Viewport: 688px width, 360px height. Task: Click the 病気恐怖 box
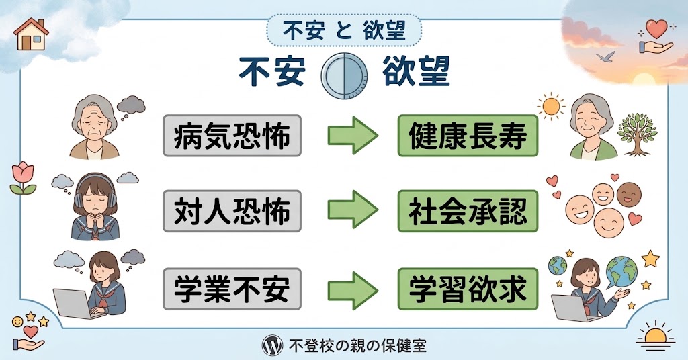point(232,136)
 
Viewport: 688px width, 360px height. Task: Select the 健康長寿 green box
point(468,136)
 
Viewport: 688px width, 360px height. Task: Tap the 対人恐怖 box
point(232,211)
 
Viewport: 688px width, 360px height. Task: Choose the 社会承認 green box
point(468,211)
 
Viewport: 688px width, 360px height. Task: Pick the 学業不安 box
point(232,289)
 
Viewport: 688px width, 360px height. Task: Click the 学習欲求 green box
point(468,289)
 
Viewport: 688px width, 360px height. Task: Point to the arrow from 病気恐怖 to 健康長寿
point(353,136)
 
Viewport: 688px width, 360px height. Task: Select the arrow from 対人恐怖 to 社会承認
point(353,210)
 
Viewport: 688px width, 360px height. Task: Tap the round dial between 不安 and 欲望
point(344,75)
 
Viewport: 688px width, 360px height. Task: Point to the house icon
point(31,34)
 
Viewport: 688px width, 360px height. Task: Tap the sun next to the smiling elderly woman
point(551,106)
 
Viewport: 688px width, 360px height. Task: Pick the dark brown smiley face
point(629,195)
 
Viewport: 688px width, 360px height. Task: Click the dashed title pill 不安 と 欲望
point(344,31)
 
